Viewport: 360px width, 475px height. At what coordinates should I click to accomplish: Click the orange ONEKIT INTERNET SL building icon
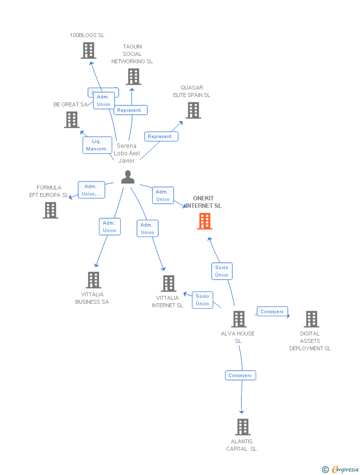205,221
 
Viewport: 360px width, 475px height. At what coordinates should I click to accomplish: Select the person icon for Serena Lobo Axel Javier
128,177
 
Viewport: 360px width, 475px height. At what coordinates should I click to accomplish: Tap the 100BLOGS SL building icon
88,50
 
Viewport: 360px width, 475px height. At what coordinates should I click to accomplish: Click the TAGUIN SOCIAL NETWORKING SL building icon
133,77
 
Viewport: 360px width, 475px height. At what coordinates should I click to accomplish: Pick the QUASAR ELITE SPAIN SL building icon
193,110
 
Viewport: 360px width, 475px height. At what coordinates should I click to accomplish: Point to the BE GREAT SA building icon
72,120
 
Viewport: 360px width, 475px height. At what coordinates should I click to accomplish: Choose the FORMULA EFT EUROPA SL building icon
50,210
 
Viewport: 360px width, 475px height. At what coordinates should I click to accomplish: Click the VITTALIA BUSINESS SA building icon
93,280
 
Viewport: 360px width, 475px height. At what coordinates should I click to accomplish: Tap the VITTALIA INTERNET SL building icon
169,284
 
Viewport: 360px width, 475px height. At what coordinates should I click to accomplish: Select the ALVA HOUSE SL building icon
239,319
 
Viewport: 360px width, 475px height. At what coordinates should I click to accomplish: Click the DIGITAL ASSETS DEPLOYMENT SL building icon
311,319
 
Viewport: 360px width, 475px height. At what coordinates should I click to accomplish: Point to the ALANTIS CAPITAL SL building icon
242,427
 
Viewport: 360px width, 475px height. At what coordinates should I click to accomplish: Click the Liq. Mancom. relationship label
96,145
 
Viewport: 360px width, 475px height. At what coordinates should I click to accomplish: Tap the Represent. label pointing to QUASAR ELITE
161,136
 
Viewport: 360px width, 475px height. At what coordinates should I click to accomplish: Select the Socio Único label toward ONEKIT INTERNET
222,271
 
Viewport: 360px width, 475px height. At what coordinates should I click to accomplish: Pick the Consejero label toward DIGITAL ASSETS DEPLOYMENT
272,312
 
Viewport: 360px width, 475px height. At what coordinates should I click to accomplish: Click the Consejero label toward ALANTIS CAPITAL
240,376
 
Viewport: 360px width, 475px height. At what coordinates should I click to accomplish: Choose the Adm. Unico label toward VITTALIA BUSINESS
109,227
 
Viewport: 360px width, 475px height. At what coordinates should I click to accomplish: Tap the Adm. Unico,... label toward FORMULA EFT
91,190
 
